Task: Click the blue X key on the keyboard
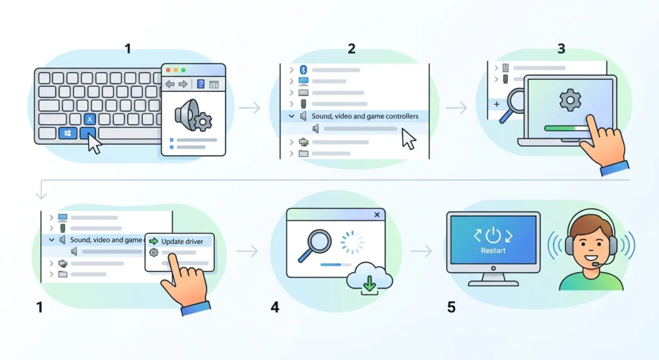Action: pyautogui.click(x=89, y=119)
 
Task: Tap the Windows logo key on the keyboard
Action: pyautogui.click(x=68, y=133)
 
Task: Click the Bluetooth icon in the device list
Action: pyautogui.click(x=304, y=70)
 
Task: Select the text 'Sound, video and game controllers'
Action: pyautogui.click(x=365, y=116)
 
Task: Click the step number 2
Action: pyautogui.click(x=351, y=49)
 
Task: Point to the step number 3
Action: pyautogui.click(x=561, y=49)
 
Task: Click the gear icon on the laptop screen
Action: pyautogui.click(x=570, y=100)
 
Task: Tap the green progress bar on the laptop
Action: pyautogui.click(x=561, y=128)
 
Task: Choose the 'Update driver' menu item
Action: pyautogui.click(x=182, y=242)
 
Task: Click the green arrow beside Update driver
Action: pyautogui.click(x=153, y=242)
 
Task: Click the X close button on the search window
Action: pyautogui.click(x=377, y=214)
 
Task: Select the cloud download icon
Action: pyautogui.click(x=369, y=278)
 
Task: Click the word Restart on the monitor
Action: pyautogui.click(x=493, y=251)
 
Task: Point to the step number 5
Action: pyautogui.click(x=451, y=307)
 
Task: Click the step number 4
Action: pyautogui.click(x=275, y=307)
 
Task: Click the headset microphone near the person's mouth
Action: pyautogui.click(x=596, y=264)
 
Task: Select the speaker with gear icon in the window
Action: pyautogui.click(x=193, y=115)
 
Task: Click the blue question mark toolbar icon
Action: pyautogui.click(x=201, y=84)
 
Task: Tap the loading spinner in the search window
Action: pyautogui.click(x=352, y=242)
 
